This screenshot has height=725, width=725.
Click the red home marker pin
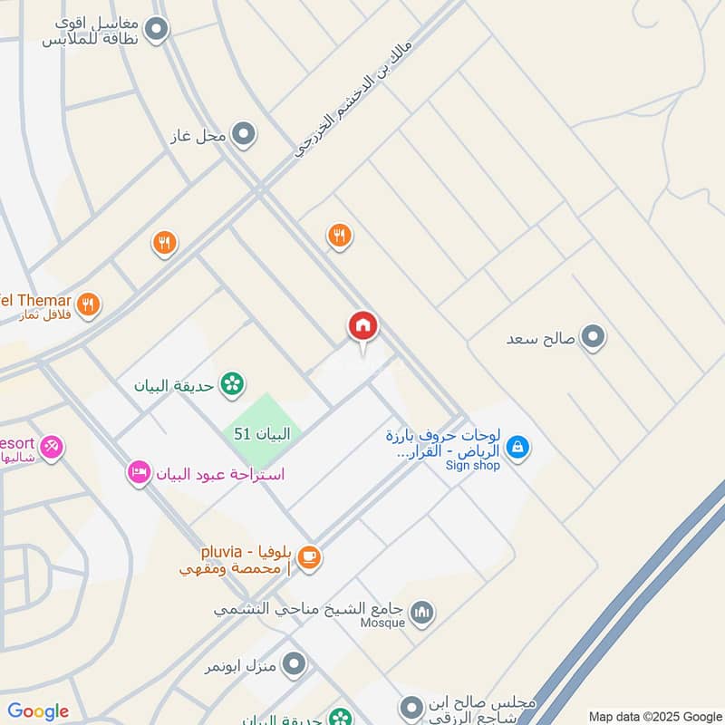tap(363, 327)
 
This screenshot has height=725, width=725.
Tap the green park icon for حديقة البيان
tap(233, 384)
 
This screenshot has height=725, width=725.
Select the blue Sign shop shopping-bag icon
tap(517, 446)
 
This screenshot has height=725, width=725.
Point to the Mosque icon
tap(422, 614)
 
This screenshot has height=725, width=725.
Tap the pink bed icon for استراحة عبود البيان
tap(139, 472)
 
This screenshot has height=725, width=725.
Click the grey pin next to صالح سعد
tap(594, 338)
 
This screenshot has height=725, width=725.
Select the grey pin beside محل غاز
tap(243, 136)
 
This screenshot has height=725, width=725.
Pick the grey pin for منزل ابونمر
tap(294, 666)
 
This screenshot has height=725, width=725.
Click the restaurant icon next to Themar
tap(88, 304)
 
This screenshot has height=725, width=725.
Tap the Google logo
tap(38, 711)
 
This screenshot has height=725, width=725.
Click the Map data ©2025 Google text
tap(655, 716)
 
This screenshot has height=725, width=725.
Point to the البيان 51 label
tap(262, 434)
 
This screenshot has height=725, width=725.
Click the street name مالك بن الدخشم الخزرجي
tap(354, 99)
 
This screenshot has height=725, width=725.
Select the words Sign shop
tap(472, 466)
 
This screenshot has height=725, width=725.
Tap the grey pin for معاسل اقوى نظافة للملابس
tap(157, 30)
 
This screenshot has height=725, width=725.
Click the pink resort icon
tap(52, 447)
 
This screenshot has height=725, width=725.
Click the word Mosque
tap(382, 623)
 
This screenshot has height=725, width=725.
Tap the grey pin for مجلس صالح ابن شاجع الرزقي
tap(411, 705)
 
